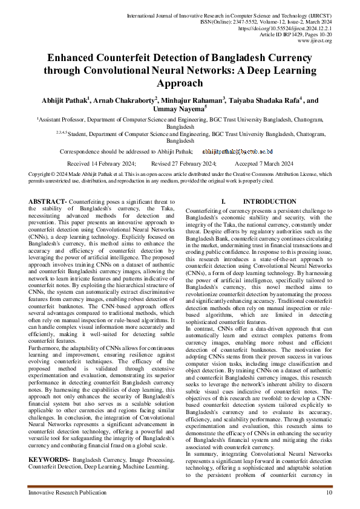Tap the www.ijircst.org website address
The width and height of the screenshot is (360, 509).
click(315, 41)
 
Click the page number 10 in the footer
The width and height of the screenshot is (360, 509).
click(329, 493)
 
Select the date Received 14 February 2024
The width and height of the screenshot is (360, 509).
click(101, 164)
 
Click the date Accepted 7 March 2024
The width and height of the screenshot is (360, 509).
click(264, 164)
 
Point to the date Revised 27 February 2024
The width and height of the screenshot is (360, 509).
click(183, 164)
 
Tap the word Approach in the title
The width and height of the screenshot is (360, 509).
click(180, 83)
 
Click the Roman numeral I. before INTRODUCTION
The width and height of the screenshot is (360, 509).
click(224, 201)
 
